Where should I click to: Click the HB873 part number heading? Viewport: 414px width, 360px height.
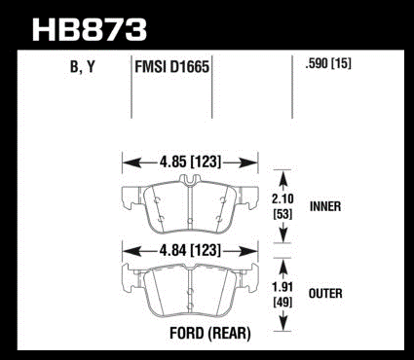[90, 30]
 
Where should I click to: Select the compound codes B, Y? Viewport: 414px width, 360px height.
[83, 67]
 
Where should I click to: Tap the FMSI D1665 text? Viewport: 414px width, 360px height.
[171, 67]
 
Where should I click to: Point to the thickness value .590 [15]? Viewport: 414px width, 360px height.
[328, 63]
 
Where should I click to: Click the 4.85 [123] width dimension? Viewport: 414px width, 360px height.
[190, 162]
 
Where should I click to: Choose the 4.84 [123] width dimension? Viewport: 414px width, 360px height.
[190, 250]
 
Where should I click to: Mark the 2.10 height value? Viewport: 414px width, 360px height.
[282, 198]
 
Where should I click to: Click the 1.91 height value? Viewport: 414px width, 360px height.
[282, 287]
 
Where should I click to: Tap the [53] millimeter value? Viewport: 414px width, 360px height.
[282, 214]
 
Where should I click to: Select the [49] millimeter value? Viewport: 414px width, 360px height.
[282, 303]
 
